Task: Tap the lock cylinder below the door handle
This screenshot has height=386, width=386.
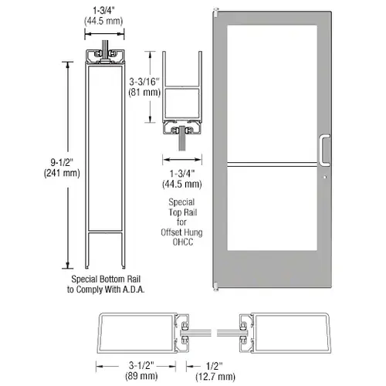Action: (325, 177)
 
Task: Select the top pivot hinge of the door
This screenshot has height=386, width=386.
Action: (215, 12)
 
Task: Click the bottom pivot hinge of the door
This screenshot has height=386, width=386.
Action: (215, 286)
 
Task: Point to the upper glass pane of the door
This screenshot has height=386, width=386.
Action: (272, 93)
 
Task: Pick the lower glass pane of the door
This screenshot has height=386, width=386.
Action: (272, 208)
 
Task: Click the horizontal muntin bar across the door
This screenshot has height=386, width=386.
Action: (272, 164)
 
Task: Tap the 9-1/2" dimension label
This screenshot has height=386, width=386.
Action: (62, 163)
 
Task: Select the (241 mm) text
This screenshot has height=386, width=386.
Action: (62, 173)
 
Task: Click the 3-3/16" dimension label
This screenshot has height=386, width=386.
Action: (144, 82)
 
